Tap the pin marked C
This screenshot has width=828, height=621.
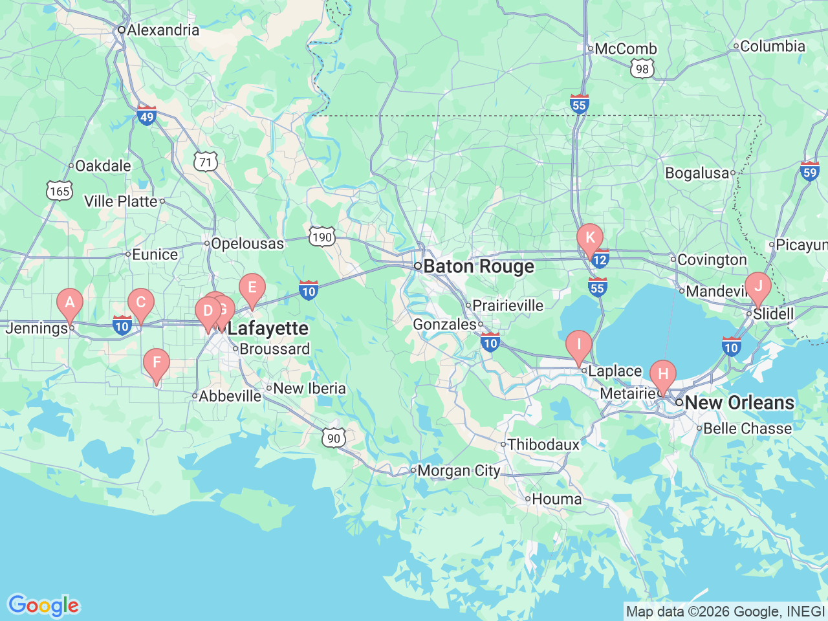(140, 303)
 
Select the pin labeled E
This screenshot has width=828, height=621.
(252, 288)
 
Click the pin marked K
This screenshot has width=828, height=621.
(589, 238)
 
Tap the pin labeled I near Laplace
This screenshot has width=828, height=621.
(578, 345)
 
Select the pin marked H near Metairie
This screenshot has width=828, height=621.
(662, 375)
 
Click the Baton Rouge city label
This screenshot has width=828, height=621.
(479, 267)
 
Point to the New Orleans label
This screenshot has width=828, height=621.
(739, 402)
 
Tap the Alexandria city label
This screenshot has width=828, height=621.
(163, 30)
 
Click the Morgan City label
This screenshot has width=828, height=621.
(459, 471)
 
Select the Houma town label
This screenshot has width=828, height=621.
(556, 499)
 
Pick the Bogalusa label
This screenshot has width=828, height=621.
(697, 173)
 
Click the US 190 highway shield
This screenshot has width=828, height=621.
(321, 237)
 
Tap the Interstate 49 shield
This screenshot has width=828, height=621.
(147, 116)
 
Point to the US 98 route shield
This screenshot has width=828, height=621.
(642, 69)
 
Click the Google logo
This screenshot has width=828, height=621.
(43, 605)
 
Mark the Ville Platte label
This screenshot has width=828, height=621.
(121, 201)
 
